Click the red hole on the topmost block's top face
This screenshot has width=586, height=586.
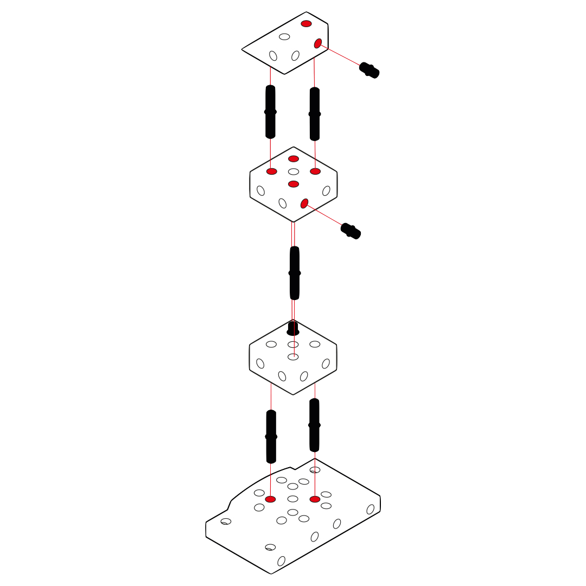[x=307, y=23]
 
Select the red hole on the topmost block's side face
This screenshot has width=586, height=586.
[x=318, y=43]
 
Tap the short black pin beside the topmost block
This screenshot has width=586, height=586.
[x=370, y=70]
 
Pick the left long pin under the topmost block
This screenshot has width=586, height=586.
[x=270, y=111]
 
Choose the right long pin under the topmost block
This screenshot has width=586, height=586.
[x=314, y=113]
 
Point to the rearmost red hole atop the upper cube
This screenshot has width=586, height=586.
[x=294, y=158]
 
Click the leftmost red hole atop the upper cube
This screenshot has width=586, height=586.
[x=272, y=171]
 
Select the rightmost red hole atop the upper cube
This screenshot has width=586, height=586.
[x=315, y=171]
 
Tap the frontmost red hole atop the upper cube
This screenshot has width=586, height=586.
[x=294, y=184]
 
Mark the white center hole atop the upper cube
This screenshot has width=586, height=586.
[x=294, y=171]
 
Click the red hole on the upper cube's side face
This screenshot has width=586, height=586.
[x=304, y=203]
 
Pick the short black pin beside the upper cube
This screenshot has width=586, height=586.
[x=351, y=231]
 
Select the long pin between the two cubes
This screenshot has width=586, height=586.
[x=295, y=273]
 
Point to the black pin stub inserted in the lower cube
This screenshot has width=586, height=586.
[x=293, y=329]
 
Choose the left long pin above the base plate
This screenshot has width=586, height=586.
[x=271, y=437]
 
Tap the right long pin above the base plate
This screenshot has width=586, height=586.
[x=314, y=425]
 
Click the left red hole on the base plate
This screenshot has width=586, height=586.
[x=270, y=499]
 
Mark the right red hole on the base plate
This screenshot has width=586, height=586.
[x=315, y=499]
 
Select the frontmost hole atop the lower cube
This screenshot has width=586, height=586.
[x=293, y=356]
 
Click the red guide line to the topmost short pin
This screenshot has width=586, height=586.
[x=342, y=56]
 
